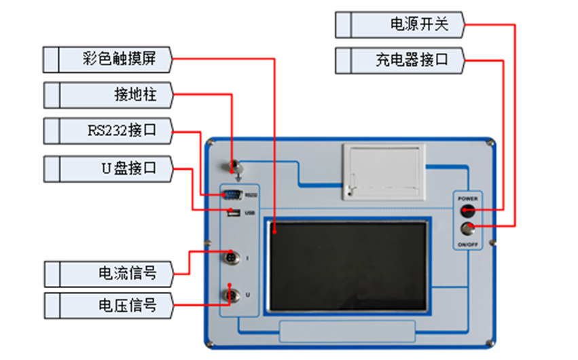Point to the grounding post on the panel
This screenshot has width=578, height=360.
click(233, 165)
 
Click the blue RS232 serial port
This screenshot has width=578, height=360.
click(232, 196)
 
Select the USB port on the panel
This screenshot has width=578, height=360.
click(233, 213)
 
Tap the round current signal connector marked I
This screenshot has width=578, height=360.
click(231, 258)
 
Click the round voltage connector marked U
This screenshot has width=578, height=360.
click(231, 295)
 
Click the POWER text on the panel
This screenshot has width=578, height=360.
click(467, 198)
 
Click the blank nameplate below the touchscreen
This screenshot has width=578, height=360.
click(347, 331)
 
